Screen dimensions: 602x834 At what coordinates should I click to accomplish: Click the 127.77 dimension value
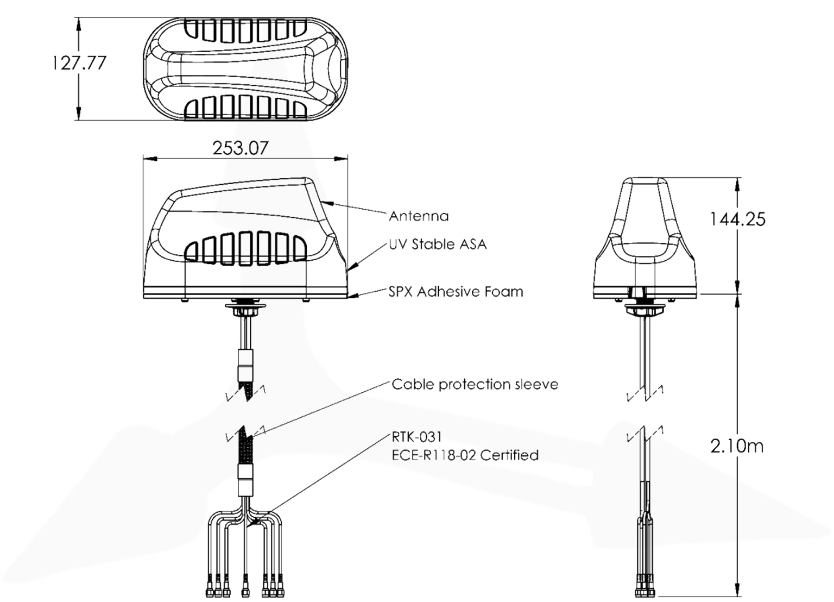tap(79, 63)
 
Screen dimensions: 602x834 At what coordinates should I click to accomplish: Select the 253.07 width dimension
tap(240, 148)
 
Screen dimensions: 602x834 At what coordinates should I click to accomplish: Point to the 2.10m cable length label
tap(737, 446)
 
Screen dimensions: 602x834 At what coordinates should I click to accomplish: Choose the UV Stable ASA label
tap(438, 244)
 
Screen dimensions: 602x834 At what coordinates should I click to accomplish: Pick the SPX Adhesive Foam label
tap(456, 292)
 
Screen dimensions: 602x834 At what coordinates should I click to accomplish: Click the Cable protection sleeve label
tap(475, 385)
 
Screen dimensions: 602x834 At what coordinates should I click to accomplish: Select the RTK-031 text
tap(416, 437)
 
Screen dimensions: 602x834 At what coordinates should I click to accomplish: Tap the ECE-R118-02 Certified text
tap(465, 455)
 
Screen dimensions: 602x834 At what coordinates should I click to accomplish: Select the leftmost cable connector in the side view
tap(210, 588)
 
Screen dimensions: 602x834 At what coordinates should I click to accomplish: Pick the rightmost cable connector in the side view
tap(281, 588)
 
